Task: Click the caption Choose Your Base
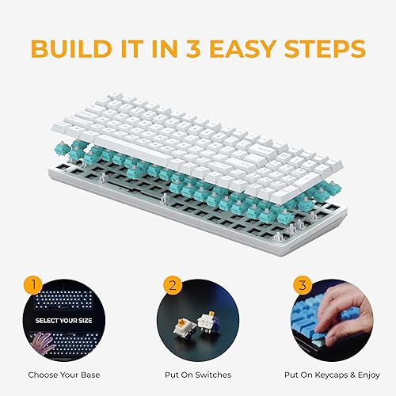[65, 374]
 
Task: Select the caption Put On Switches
[197, 374]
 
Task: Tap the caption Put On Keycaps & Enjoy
[330, 374]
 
